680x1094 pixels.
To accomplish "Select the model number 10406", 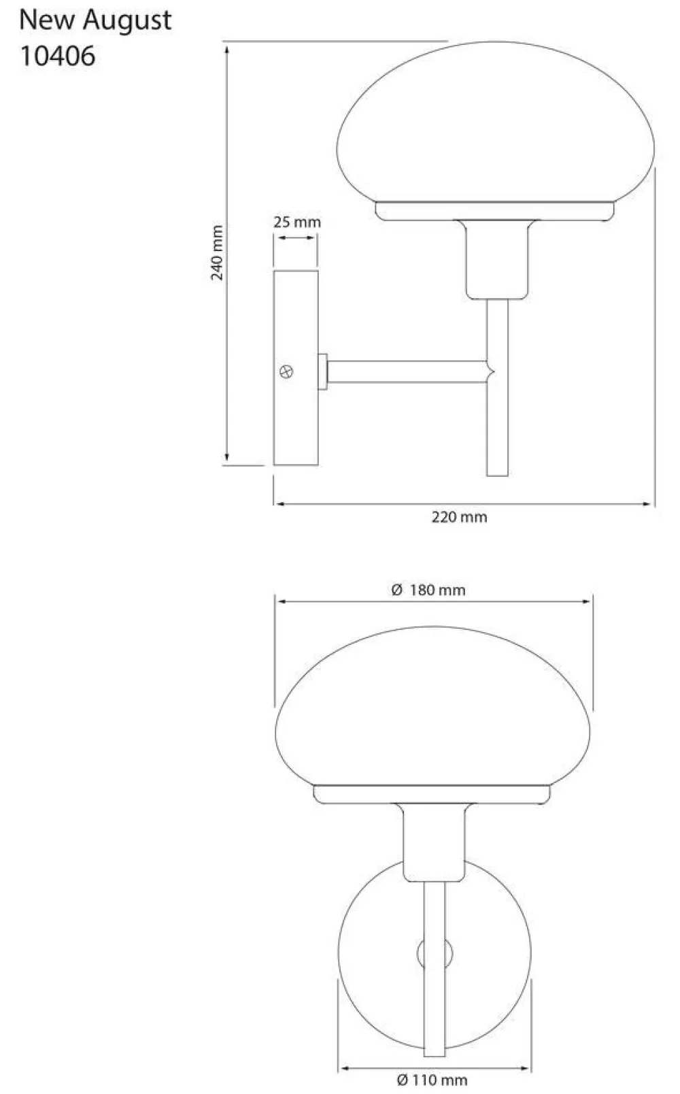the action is (57, 56).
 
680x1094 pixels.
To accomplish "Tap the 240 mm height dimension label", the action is (217, 252).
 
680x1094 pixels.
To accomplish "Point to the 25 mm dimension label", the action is (296, 222).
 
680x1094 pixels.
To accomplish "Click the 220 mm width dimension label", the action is (460, 516).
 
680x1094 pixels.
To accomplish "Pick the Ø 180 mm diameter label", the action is (428, 590).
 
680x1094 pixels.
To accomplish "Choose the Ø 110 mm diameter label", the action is (432, 1080).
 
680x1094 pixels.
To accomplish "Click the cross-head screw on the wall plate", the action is (286, 372).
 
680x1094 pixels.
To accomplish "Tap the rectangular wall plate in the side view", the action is (296, 368).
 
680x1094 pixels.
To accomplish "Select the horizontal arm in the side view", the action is (407, 371).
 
